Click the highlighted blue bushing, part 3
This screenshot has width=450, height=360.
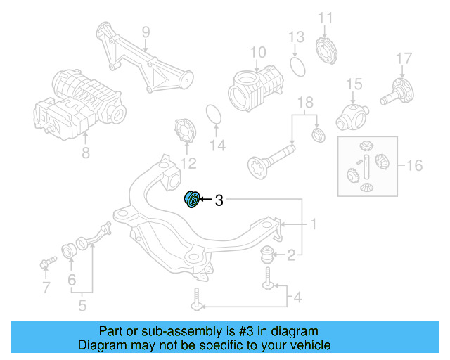click(191, 200)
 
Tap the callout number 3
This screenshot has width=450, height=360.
click(219, 200)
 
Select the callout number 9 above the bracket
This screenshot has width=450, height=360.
click(146, 32)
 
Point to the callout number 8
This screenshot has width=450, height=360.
click(86, 150)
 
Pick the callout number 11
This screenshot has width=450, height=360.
click(324, 18)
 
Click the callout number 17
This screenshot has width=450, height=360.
click(403, 58)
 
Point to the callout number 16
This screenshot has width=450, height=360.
click(415, 166)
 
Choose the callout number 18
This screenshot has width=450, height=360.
click(304, 105)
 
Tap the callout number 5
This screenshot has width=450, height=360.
click(82, 305)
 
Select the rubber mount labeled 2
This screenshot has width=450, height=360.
click(270, 254)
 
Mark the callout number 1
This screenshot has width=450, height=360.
click(314, 225)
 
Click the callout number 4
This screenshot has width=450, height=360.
click(297, 298)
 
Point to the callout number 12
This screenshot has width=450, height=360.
click(187, 164)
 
